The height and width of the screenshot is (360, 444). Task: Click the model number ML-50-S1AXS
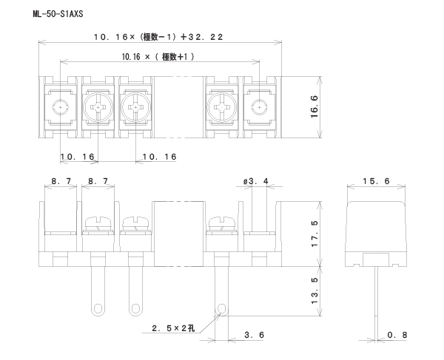pos(58,14)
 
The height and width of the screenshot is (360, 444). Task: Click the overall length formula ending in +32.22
pos(160,36)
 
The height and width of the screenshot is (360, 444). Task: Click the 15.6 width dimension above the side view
pos(377,180)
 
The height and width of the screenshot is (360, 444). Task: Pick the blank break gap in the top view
pos(179,107)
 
